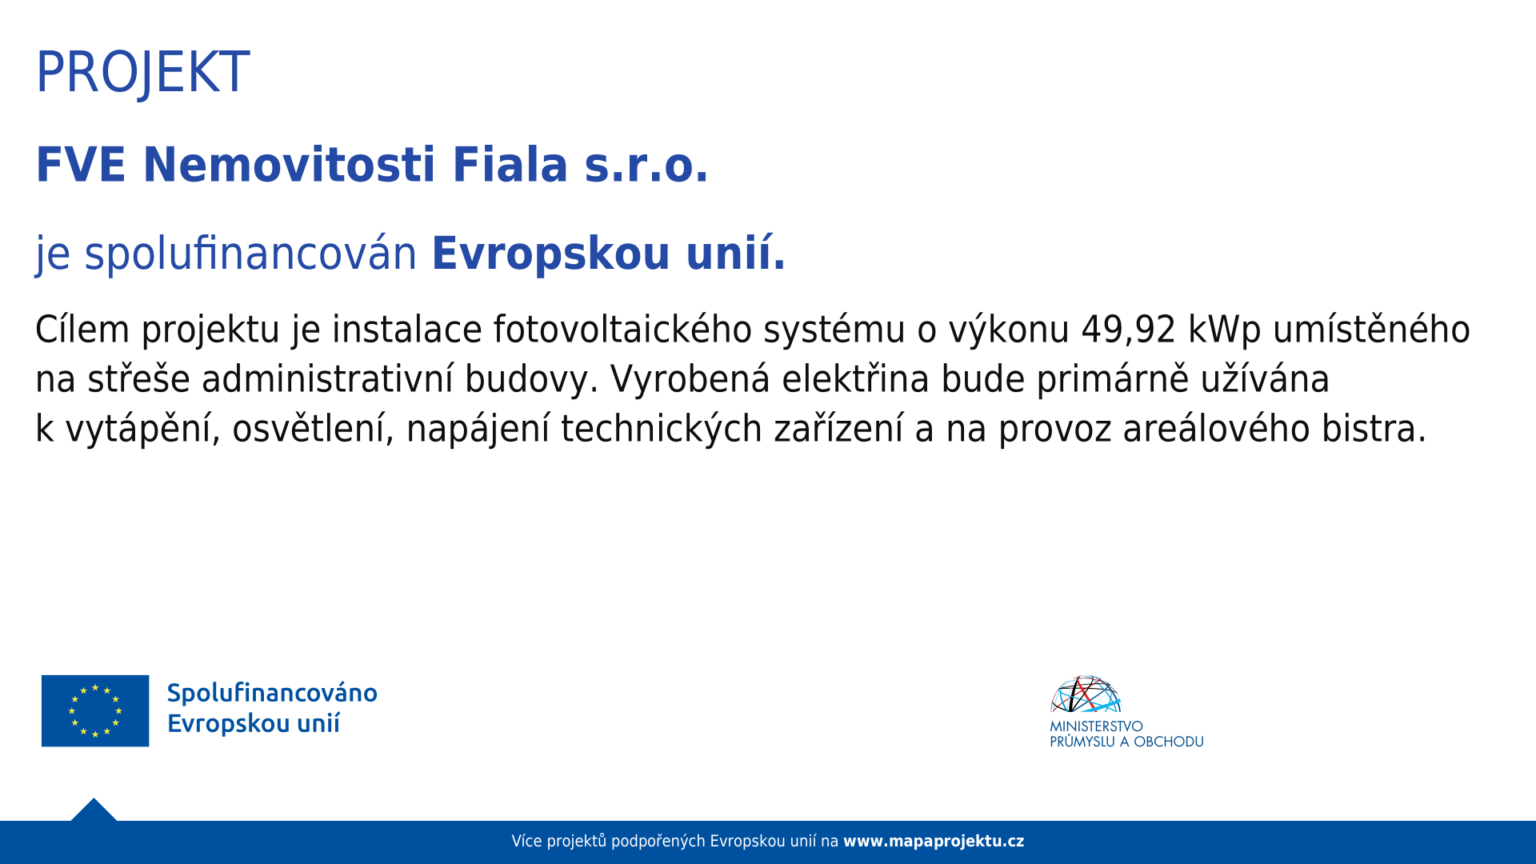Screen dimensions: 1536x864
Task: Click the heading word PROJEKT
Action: [142, 73]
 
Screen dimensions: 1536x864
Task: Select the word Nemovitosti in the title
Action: [288, 165]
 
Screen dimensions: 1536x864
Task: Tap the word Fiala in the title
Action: [510, 165]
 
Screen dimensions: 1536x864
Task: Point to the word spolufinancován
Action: [250, 254]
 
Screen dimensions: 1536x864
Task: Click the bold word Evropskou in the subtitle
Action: [550, 254]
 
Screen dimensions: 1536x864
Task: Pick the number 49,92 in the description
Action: [1128, 330]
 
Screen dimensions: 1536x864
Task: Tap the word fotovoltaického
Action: [622, 330]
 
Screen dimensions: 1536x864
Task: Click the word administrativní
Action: [327, 379]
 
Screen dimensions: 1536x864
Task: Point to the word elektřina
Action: [855, 379]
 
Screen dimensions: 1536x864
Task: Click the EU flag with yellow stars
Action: [95, 710]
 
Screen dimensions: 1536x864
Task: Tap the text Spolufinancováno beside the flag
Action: [272, 693]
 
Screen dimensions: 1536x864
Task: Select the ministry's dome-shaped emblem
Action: [1086, 694]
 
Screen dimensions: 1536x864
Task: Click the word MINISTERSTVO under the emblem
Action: [1096, 726]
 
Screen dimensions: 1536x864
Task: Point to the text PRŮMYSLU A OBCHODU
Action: [1126, 742]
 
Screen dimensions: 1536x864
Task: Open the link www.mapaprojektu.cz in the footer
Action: [934, 842]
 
